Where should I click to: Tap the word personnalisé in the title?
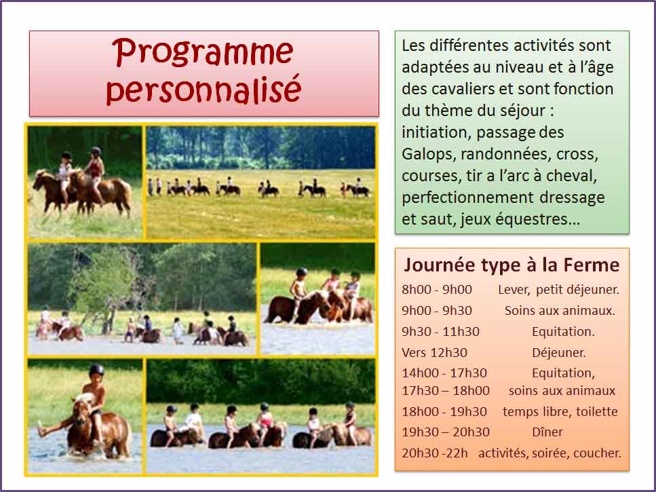pos(204,89)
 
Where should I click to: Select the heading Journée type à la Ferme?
pos(512,265)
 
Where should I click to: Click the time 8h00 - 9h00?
pos(437,290)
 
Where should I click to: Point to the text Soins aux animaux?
pos(560,310)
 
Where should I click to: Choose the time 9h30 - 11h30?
pos(440,331)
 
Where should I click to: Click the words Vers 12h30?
pos(434,353)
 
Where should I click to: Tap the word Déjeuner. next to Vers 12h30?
pos(559,353)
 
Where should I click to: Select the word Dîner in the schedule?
pos(547,432)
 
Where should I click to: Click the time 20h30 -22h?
pos(435,453)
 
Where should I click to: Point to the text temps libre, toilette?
pos(560,411)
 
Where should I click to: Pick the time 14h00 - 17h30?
pos(444,373)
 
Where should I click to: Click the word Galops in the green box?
pos(427,154)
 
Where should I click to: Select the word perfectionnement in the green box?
pos(467,197)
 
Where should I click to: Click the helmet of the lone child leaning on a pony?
pos(96,370)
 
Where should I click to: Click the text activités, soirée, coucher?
pos(549,453)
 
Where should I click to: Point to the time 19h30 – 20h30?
pos(446,432)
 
